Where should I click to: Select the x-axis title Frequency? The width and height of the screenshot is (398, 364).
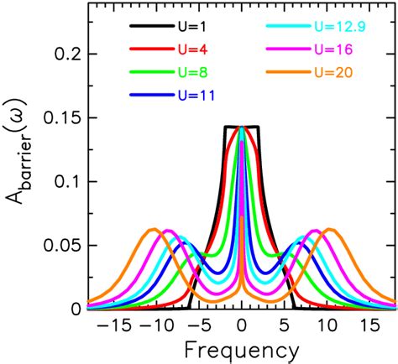242,348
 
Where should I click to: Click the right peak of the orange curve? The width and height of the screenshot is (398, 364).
330,229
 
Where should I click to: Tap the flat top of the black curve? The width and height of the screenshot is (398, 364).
242,127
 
